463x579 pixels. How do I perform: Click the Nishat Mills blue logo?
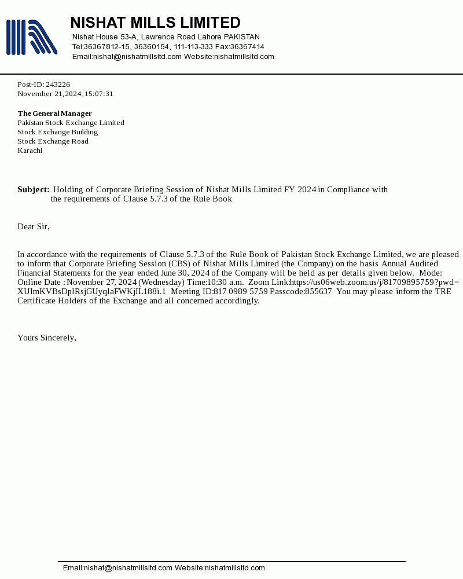pyautogui.click(x=31, y=38)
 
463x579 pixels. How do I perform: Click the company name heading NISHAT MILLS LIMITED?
pyautogui.click(x=155, y=23)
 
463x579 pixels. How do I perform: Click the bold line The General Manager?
pyautogui.click(x=54, y=113)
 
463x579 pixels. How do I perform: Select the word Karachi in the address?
pyautogui.click(x=30, y=151)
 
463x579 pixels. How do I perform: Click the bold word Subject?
pyautogui.click(x=33, y=189)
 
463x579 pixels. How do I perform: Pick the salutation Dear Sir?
pyautogui.click(x=34, y=226)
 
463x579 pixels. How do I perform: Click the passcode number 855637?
pyautogui.click(x=318, y=291)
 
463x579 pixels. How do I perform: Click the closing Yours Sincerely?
pyautogui.click(x=47, y=338)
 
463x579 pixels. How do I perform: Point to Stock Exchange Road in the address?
pyautogui.click(x=53, y=141)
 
